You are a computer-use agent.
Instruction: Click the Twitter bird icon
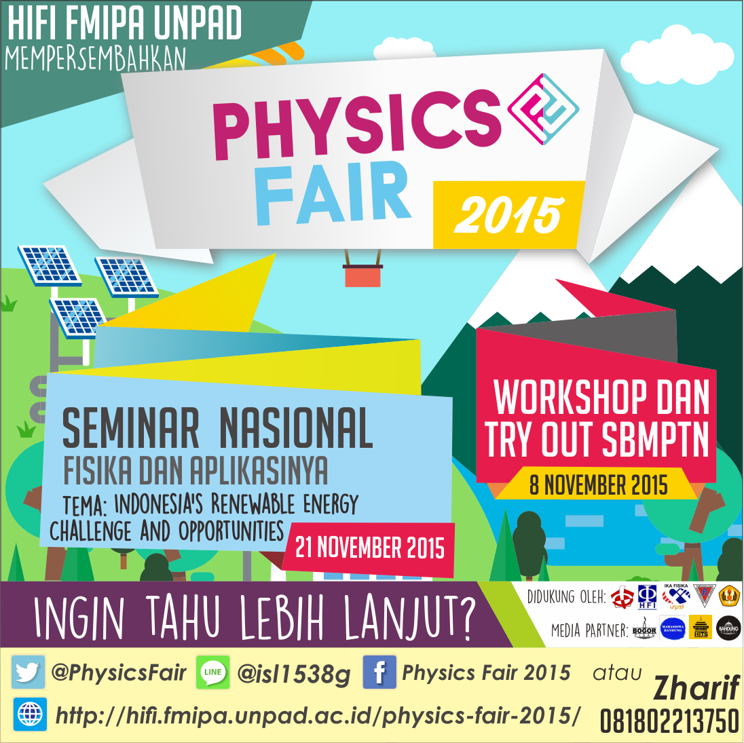tap(28, 672)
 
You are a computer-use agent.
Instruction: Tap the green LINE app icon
tap(212, 672)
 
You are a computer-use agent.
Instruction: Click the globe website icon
tap(30, 714)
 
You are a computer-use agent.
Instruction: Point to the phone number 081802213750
tap(669, 721)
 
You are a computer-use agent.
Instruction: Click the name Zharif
tap(696, 689)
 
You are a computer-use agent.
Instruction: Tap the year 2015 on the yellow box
tap(508, 215)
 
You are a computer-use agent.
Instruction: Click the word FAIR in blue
tap(333, 193)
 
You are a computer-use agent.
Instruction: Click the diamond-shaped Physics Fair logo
tap(544, 108)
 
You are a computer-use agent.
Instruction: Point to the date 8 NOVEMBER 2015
tap(598, 486)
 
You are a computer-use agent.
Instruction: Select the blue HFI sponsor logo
tap(647, 596)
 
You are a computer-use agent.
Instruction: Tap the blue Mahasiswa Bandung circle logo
tap(672, 629)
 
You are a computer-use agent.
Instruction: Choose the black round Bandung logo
tap(728, 628)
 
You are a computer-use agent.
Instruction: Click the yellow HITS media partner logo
tap(701, 628)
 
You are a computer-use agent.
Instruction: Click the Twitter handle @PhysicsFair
tap(118, 673)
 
